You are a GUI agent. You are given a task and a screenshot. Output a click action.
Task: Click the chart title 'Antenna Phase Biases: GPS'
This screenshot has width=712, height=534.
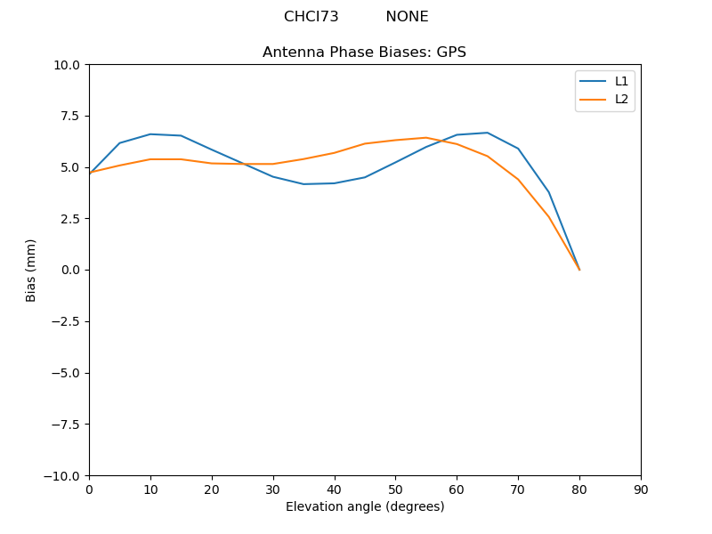tap(364, 53)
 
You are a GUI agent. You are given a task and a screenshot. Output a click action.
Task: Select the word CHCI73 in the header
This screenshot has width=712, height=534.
tap(311, 17)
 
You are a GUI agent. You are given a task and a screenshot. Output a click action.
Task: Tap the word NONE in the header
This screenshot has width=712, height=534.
tap(407, 17)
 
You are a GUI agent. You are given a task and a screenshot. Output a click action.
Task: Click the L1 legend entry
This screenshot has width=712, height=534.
tap(621, 81)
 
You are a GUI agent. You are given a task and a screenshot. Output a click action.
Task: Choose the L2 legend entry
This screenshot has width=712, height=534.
tap(621, 99)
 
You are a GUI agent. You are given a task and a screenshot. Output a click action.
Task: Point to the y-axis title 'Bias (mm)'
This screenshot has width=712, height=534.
tap(31, 270)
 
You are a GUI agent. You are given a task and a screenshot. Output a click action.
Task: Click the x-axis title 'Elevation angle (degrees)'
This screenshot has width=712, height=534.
tap(365, 507)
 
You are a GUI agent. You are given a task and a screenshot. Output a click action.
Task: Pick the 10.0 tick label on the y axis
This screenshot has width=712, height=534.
tap(68, 65)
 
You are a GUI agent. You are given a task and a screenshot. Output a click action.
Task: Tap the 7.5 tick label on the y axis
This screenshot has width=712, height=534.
tap(71, 116)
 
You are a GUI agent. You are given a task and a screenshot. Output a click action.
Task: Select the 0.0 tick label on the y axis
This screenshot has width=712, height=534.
tap(71, 270)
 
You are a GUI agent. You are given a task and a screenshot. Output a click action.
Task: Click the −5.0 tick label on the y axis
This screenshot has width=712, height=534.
tap(67, 373)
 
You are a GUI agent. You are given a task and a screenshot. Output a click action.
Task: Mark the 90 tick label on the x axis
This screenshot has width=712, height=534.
tap(641, 489)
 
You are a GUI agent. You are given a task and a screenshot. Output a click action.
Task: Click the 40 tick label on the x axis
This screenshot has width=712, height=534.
tap(335, 489)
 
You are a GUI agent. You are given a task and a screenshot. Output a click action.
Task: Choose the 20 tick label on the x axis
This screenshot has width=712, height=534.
tap(212, 489)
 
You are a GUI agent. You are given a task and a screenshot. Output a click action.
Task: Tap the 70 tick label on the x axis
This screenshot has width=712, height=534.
tap(518, 489)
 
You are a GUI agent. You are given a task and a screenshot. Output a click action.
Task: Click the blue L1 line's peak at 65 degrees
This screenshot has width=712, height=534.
tap(488, 133)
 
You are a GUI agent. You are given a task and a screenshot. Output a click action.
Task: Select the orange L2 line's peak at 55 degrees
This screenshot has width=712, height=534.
tap(426, 138)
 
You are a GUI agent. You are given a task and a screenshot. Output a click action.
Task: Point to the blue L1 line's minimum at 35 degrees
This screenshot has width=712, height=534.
tap(303, 184)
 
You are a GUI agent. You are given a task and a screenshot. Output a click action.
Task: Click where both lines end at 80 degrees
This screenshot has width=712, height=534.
tap(579, 270)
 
